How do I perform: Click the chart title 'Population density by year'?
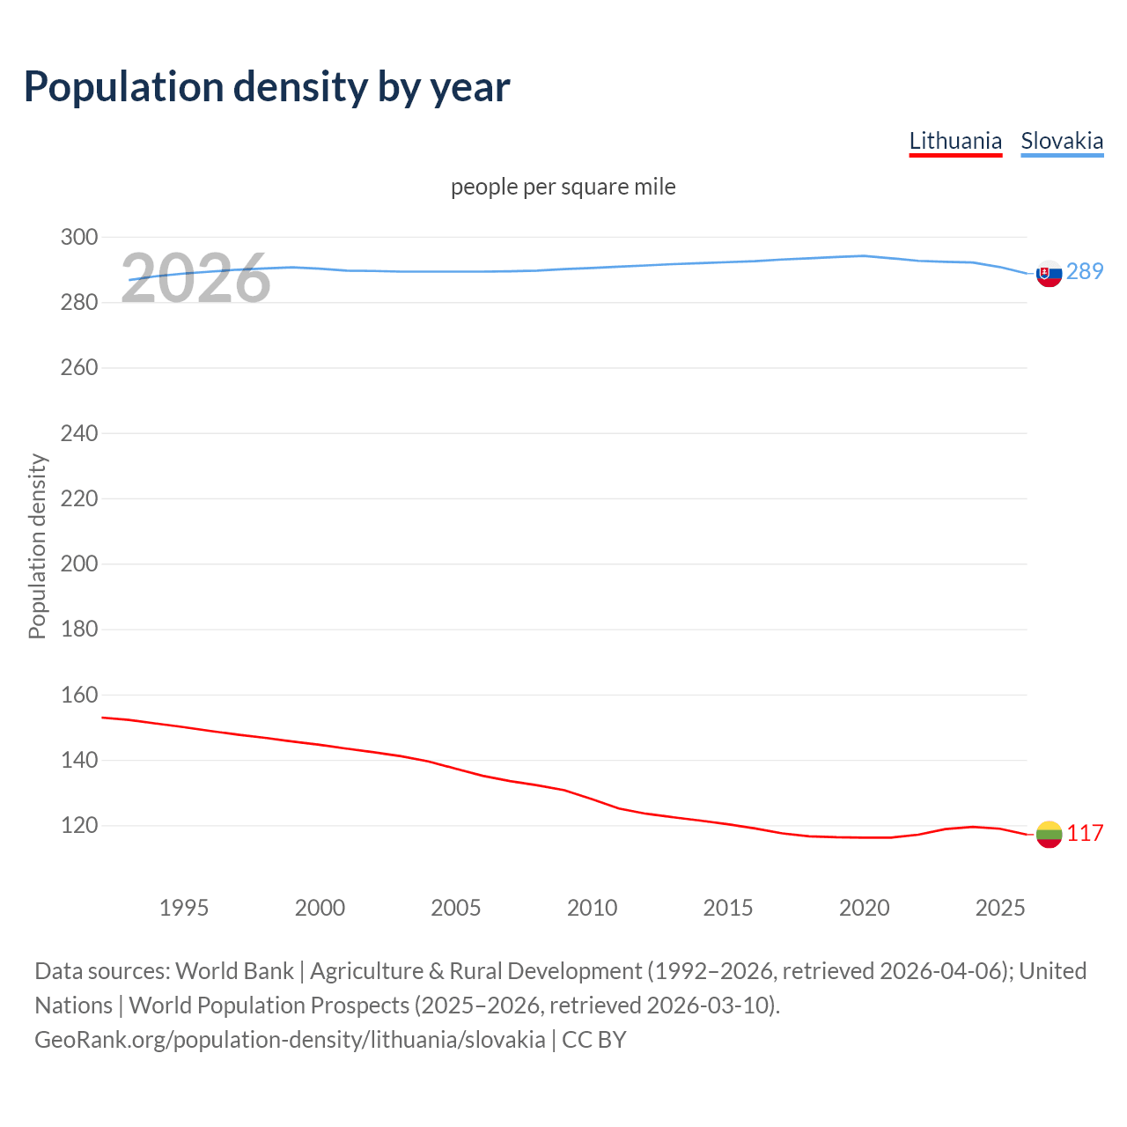267,87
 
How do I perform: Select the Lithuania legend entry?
955,141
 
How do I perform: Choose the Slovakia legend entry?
1062,141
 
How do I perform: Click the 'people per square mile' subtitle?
563,187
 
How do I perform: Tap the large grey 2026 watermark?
195,279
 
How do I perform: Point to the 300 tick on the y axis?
79,237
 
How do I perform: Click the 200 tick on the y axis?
79,563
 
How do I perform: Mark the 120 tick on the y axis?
79,825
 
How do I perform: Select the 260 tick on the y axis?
79,367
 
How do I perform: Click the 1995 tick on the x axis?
184,908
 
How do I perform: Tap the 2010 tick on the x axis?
593,908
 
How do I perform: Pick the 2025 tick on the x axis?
1000,908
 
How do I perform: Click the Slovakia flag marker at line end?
1049,274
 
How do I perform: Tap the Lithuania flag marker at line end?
1049,834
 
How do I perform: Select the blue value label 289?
1085,271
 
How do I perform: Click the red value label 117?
1085,833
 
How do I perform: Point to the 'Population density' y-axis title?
37,546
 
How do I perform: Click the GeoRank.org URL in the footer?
290,1039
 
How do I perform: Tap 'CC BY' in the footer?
594,1039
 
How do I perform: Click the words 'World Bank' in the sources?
234,970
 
